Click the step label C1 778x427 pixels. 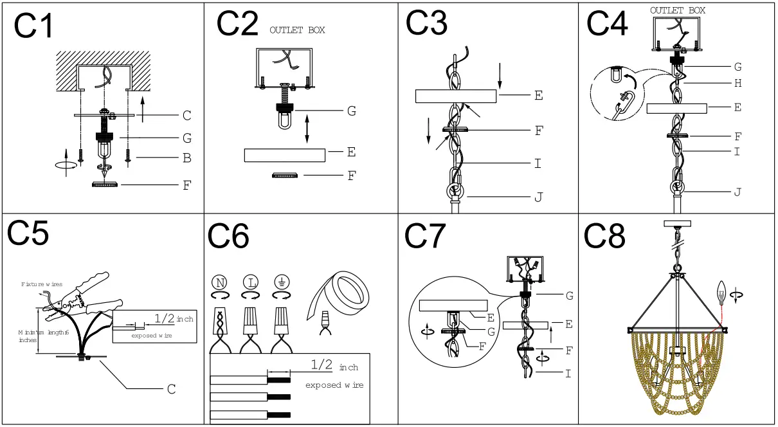[x=35, y=28]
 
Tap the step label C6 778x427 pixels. [x=228, y=237]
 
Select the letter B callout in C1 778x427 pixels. [x=186, y=158]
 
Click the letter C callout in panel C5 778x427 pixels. [x=172, y=388]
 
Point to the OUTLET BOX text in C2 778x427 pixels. [x=297, y=30]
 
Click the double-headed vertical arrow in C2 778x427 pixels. [x=307, y=129]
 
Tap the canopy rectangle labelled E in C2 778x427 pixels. [x=284, y=156]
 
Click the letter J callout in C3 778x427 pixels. [x=538, y=197]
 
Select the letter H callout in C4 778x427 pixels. [x=737, y=83]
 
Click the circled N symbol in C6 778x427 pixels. [x=220, y=282]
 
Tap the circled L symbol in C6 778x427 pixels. [x=251, y=282]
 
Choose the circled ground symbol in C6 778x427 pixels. [x=280, y=282]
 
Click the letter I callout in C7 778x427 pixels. [x=568, y=374]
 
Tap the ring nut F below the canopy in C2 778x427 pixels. [x=285, y=176]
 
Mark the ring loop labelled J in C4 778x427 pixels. [x=677, y=187]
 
